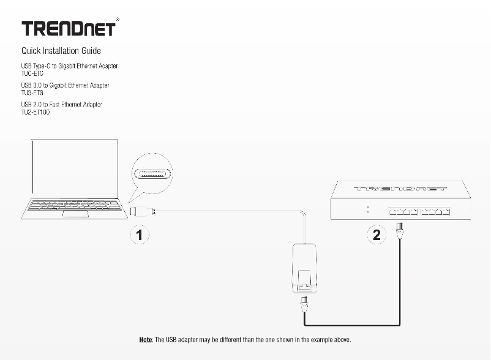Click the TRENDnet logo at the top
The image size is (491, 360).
(x=68, y=29)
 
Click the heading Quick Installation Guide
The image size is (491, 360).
(x=61, y=51)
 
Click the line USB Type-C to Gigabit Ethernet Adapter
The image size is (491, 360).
(x=69, y=66)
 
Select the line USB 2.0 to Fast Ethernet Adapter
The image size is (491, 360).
(x=61, y=105)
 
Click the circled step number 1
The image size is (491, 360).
(x=140, y=234)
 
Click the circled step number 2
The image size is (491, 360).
(x=377, y=234)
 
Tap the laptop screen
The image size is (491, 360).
(x=73, y=167)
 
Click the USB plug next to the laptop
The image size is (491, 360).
(x=138, y=211)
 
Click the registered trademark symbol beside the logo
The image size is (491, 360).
(x=117, y=20)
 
